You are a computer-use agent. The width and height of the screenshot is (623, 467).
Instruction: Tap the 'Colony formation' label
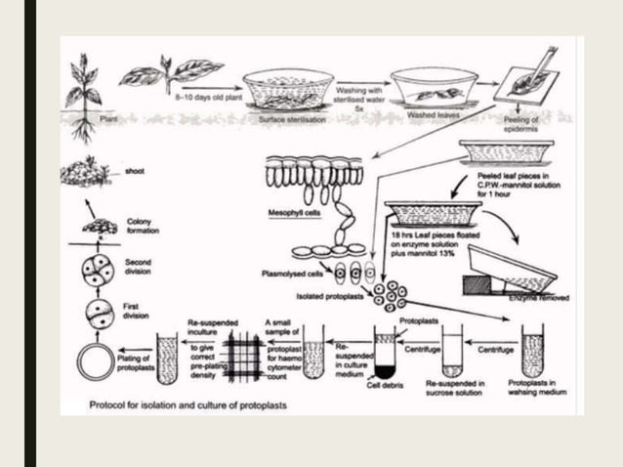[x=143, y=226]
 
